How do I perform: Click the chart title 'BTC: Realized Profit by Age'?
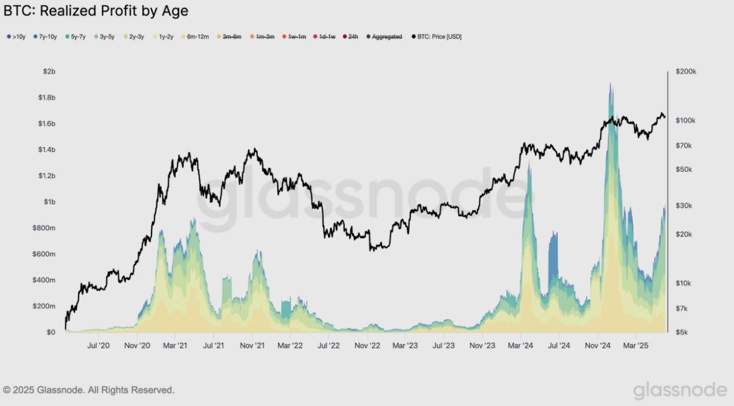coord(96,10)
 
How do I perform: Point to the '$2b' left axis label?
coord(49,71)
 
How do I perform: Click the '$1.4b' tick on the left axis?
coord(46,150)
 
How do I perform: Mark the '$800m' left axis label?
coord(45,228)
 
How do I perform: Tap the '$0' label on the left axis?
coord(50,333)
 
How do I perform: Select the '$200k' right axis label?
coord(686,72)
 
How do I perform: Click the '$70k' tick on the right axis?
coord(684,146)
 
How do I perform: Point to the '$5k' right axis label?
coord(683,333)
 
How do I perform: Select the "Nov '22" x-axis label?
coord(367,346)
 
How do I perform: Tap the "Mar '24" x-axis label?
coord(521,346)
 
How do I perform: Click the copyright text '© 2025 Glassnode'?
coord(88,390)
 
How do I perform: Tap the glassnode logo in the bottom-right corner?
coord(680,390)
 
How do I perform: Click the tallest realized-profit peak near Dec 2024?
coord(610,84)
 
